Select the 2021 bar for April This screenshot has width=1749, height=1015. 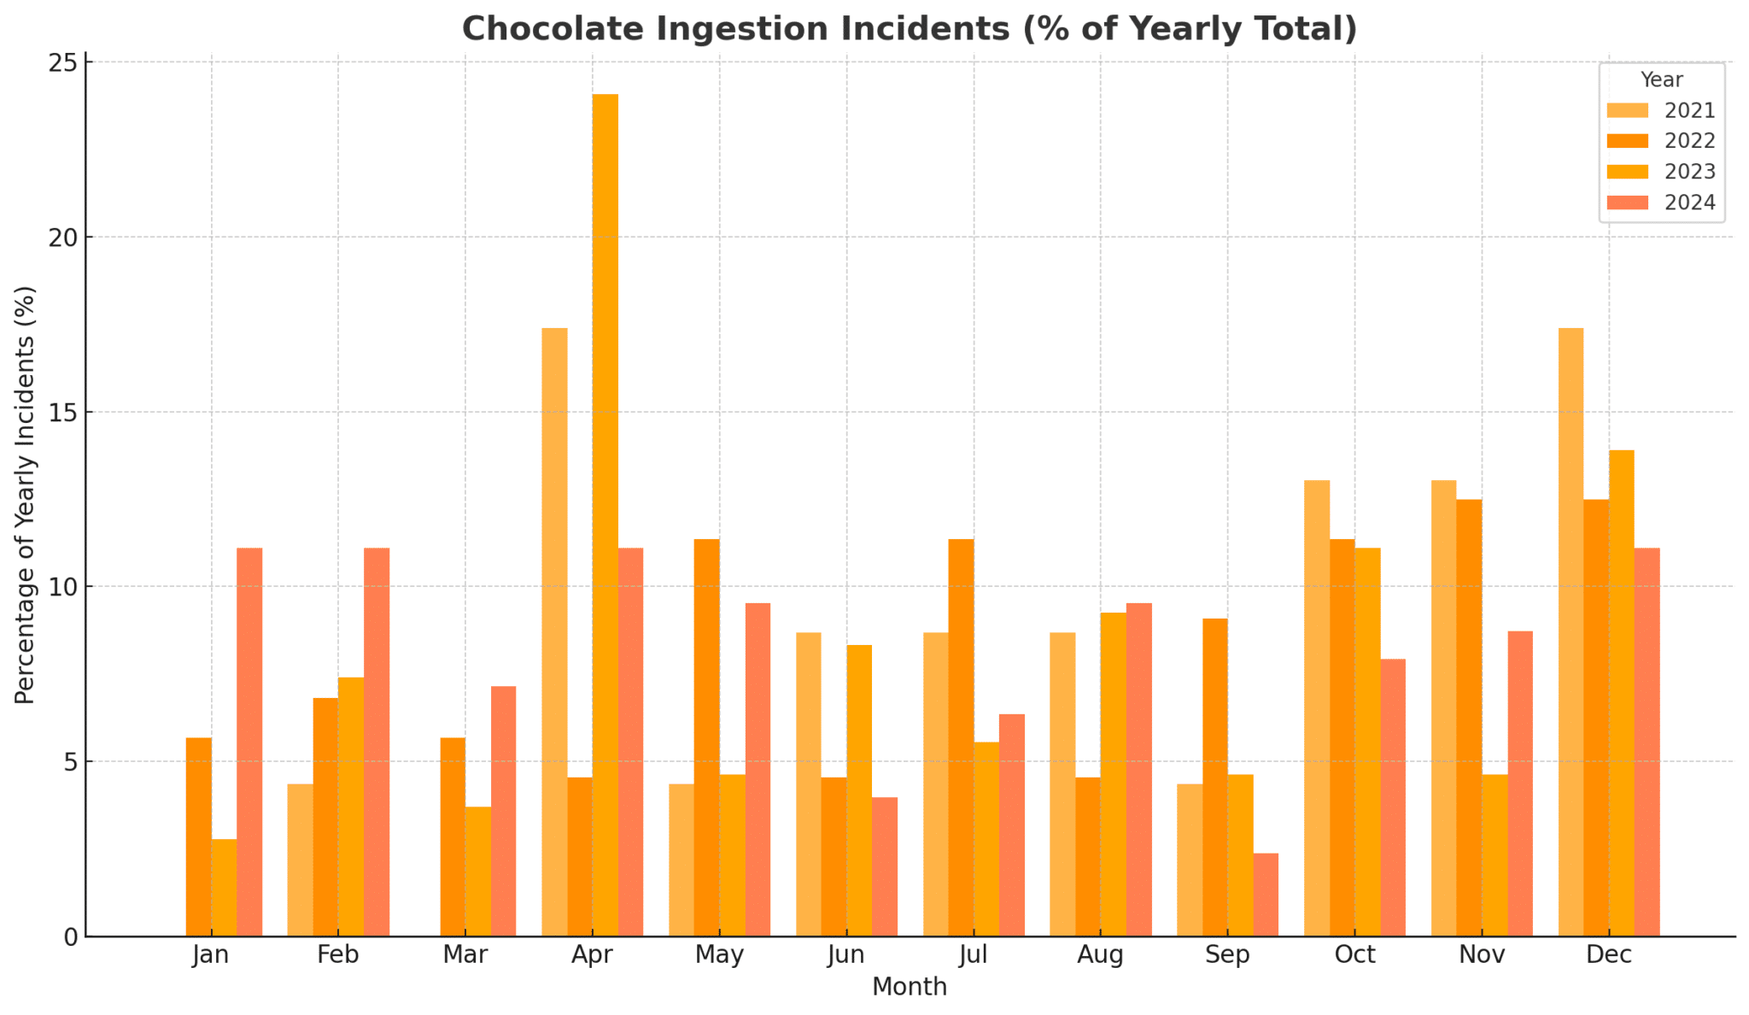tap(554, 632)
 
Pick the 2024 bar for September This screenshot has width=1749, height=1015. tap(1266, 894)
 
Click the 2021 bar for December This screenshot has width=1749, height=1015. tap(1571, 632)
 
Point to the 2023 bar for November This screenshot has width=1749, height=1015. tap(1495, 855)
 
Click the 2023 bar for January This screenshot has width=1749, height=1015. tap(224, 888)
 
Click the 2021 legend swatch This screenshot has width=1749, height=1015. tap(1627, 111)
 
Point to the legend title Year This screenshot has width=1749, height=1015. tap(1661, 80)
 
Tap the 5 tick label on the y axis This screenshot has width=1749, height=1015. tap(68, 761)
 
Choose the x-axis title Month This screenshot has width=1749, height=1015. tap(909, 988)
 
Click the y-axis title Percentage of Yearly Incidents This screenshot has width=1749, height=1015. tap(26, 495)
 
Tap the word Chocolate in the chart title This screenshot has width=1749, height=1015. tap(547, 29)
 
